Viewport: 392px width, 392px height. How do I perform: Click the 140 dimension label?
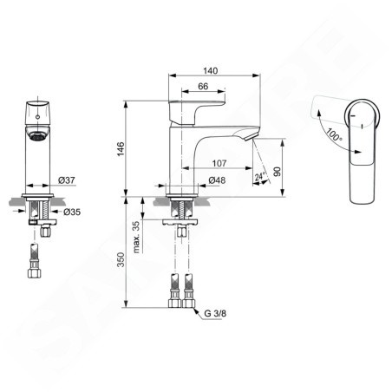211,70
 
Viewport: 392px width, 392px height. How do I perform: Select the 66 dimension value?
203,86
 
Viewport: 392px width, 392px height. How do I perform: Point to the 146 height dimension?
121,149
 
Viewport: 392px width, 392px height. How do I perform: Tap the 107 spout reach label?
219,163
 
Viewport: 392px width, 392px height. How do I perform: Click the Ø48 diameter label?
217,180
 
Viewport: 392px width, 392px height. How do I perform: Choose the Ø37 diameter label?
67,180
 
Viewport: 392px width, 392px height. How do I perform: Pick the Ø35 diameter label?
72,212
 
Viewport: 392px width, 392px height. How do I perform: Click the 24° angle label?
260,176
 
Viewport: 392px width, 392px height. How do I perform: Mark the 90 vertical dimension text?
277,172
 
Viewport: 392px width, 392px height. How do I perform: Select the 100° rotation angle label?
334,135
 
